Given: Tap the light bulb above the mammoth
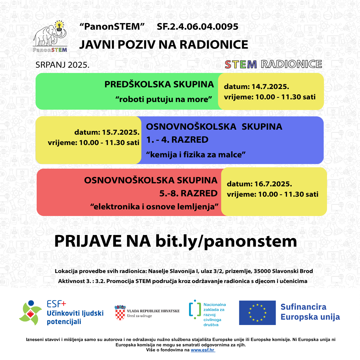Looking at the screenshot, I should click(60, 25).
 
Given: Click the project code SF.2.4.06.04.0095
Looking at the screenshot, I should click(197, 27).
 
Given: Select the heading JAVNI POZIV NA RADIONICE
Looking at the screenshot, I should click(163, 45).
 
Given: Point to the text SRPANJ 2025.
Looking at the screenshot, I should click(63, 65).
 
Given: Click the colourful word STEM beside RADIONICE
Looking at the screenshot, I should click(241, 64).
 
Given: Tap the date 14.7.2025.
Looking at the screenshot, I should click(270, 87).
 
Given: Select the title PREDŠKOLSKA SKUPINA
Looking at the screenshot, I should click(159, 84).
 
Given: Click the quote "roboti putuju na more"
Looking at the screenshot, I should click(166, 99).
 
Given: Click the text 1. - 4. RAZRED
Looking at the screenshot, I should click(177, 140).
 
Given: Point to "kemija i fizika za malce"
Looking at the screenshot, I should click(196, 154).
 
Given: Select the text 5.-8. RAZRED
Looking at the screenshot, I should click(188, 193).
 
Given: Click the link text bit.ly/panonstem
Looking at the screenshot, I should click(226, 241).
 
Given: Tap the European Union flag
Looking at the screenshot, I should click(257, 313).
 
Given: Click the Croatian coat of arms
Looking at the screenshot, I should click(120, 313).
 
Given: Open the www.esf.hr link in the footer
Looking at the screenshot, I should click(203, 350).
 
